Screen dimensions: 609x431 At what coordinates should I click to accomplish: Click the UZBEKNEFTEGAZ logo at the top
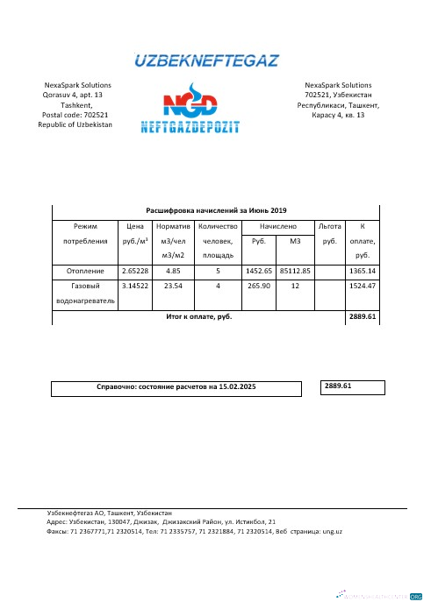click(x=206, y=60)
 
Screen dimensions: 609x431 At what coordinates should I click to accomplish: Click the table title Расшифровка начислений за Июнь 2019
click(x=216, y=211)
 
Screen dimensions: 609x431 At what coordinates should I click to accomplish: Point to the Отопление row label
click(x=86, y=272)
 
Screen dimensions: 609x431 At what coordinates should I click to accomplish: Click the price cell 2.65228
click(x=136, y=272)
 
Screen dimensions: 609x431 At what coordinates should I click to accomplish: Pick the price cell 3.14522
click(x=136, y=286)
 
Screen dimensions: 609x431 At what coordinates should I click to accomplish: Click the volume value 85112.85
click(x=295, y=272)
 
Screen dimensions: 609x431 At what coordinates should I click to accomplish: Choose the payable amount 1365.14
click(x=362, y=272)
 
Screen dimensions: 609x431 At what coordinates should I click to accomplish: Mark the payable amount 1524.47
click(x=362, y=286)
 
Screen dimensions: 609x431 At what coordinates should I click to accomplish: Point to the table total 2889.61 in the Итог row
click(x=362, y=316)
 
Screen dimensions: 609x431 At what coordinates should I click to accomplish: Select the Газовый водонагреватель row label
click(x=86, y=293)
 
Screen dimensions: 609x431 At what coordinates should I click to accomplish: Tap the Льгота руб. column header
click(x=330, y=232)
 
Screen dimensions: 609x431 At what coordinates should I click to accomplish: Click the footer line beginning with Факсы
click(x=193, y=531)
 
